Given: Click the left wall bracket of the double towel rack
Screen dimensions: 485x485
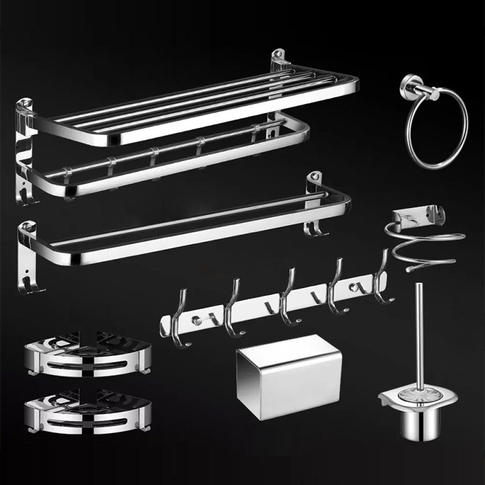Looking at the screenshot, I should [22, 145].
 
